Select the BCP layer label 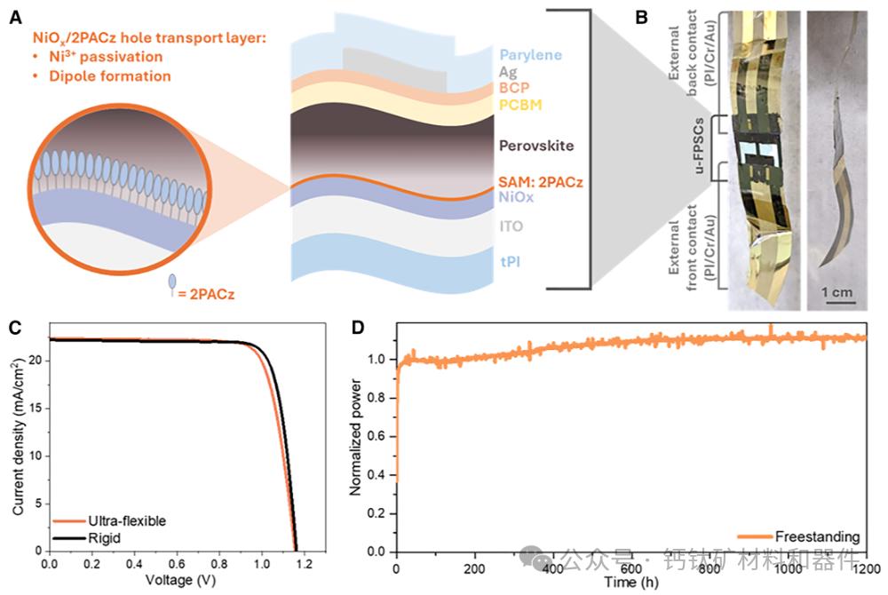tap(514, 88)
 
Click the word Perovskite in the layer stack tap(536, 144)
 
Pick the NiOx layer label tap(516, 197)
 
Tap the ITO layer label tap(511, 226)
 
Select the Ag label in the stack tap(509, 71)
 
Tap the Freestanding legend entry tap(816, 536)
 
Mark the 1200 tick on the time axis tap(866, 567)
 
